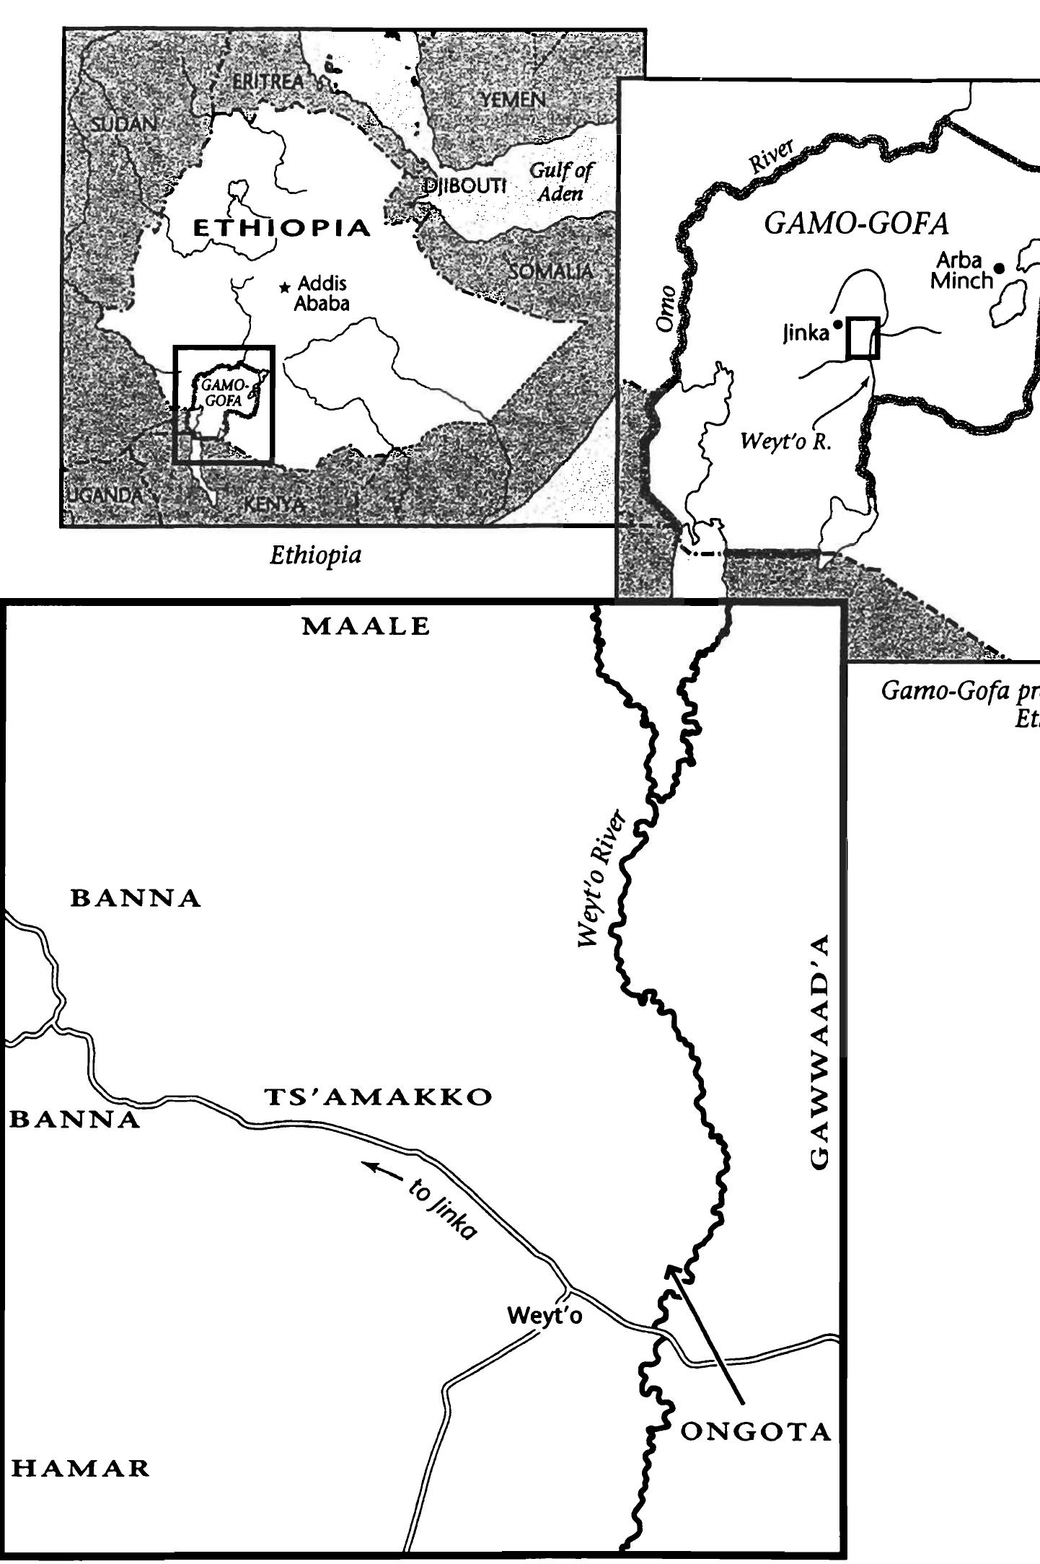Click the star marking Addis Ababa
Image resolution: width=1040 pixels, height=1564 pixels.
(x=285, y=287)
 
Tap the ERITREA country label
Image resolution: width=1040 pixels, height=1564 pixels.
(x=268, y=82)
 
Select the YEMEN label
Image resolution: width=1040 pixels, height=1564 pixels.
(x=514, y=100)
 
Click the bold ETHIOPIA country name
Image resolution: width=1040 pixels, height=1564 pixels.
(x=282, y=229)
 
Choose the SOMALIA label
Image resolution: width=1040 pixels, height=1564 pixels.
(x=551, y=271)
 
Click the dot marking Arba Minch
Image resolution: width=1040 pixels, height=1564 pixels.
(x=999, y=268)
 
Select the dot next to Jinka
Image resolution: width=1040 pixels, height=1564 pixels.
(x=837, y=325)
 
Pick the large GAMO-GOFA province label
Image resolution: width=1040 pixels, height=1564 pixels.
(x=856, y=224)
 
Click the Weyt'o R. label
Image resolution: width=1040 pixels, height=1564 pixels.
(x=786, y=441)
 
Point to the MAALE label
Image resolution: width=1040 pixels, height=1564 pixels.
(x=366, y=626)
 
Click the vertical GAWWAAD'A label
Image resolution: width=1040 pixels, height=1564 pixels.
(x=820, y=1051)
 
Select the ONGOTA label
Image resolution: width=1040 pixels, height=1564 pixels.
(x=756, y=1432)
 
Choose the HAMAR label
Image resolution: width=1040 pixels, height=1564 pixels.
(x=81, y=1468)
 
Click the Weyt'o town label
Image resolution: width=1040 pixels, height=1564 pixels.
(x=545, y=1315)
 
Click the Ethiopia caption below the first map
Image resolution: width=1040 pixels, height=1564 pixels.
(x=315, y=555)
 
